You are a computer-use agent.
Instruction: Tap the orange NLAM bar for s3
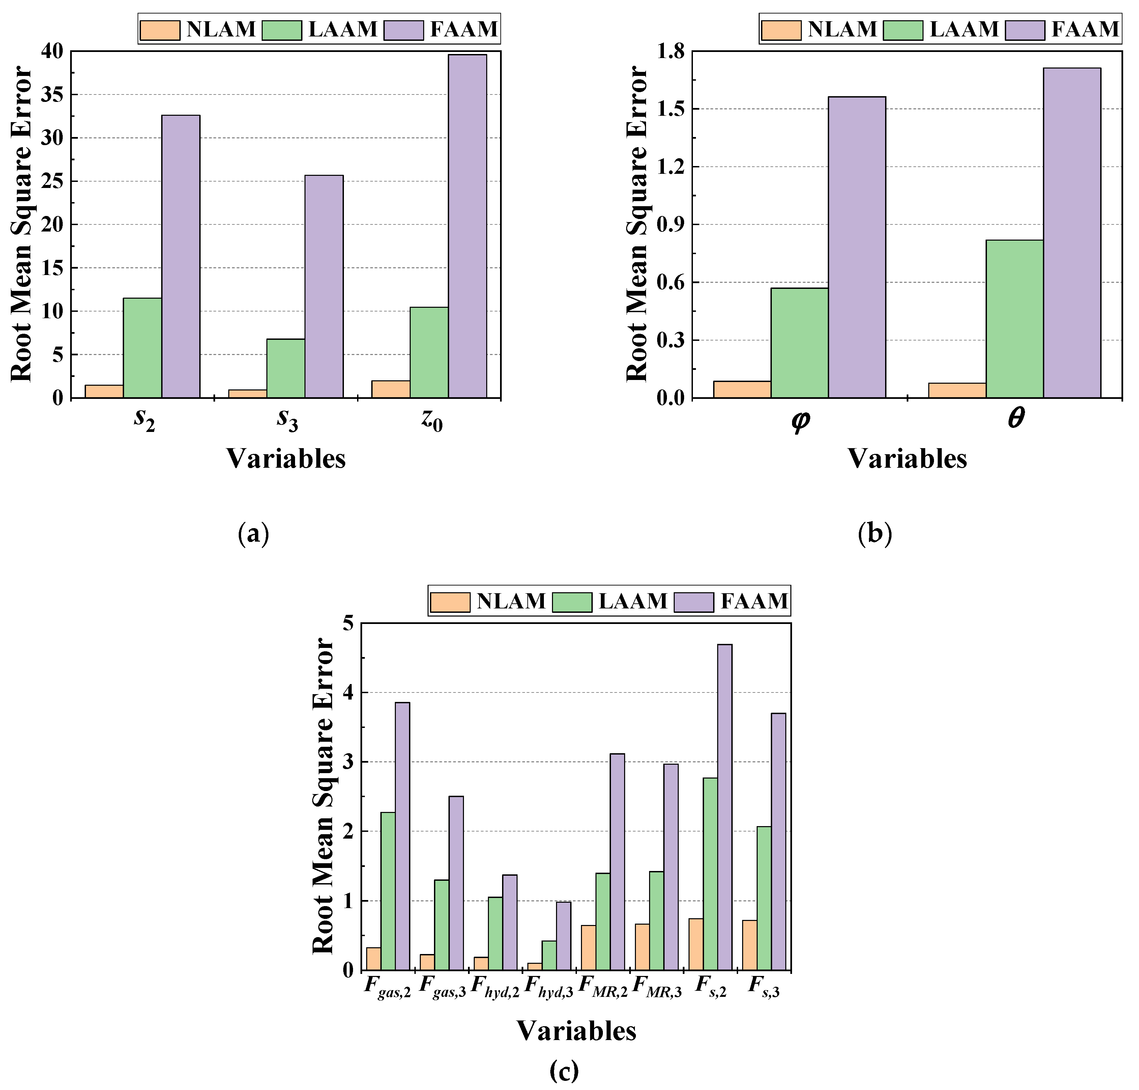pos(247,394)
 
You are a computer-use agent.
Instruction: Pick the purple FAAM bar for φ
pos(856,247)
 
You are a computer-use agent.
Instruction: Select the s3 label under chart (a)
pos(287,419)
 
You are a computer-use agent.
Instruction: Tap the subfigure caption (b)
pos(874,534)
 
